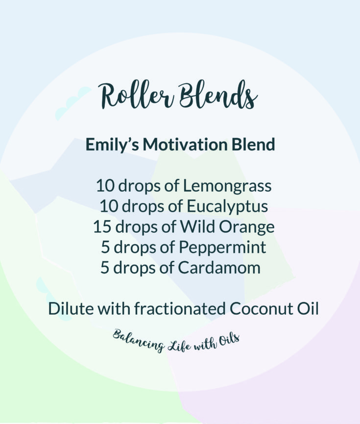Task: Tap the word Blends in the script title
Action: point(218,95)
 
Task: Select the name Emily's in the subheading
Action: point(112,145)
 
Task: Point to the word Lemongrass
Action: point(227,187)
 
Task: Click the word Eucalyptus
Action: point(227,207)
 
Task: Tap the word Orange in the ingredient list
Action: point(246,227)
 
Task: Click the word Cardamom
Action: point(219,268)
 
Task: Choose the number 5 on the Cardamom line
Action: point(105,268)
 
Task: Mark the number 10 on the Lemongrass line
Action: point(105,186)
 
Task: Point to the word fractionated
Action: point(180,308)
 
